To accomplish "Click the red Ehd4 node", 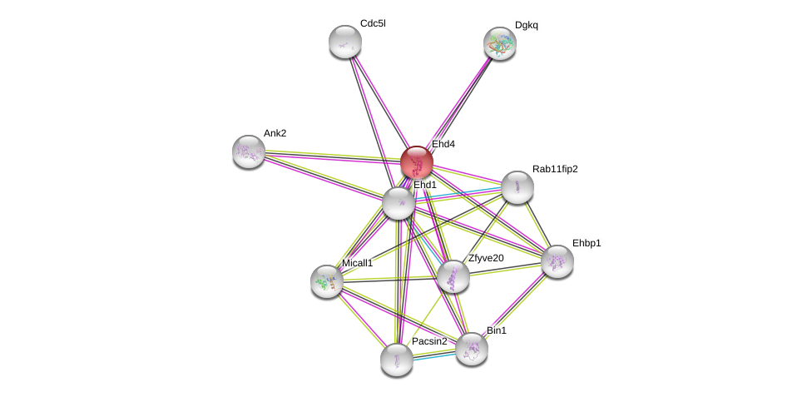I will tap(416, 162).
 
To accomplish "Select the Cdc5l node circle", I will tap(345, 42).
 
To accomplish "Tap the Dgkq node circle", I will tap(500, 43).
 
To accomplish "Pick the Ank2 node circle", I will tap(249, 151).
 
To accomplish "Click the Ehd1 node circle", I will tap(399, 203).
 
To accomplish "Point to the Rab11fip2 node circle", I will tap(517, 187).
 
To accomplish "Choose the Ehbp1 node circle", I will tap(557, 261).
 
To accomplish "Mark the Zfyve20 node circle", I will tap(453, 276).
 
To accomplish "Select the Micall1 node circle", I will tap(327, 281).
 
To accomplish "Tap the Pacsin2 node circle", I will tap(397, 360).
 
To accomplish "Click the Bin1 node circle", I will tap(472, 349).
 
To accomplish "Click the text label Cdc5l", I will tap(373, 23).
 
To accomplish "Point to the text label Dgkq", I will tap(527, 25).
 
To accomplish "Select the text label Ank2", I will tap(275, 133).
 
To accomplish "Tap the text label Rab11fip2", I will tap(555, 169).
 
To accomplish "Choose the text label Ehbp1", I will tap(587, 243).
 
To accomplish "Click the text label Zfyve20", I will tap(486, 258).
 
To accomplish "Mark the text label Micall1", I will tap(358, 263).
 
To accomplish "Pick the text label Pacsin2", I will tap(429, 341).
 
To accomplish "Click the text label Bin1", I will tap(497, 330).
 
